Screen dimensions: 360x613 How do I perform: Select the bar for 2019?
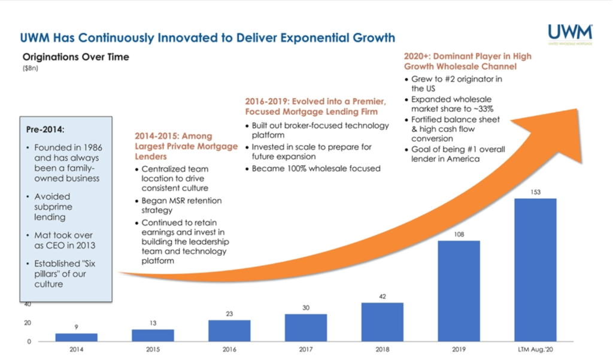[459, 291]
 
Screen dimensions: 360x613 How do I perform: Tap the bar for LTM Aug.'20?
[535, 270]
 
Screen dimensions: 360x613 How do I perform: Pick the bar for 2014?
[76, 337]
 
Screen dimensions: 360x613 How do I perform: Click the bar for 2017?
[306, 327]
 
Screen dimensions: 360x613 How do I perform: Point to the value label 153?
[535, 192]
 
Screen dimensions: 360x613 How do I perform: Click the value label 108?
[459, 234]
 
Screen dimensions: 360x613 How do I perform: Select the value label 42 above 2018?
[383, 296]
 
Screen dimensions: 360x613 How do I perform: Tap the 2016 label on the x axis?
[229, 349]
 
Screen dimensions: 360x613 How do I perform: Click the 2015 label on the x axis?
[153, 349]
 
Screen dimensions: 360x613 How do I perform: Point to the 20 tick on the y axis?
[28, 323]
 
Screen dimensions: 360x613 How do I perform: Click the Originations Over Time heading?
[75, 58]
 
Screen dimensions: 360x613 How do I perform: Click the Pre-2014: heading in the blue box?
[45, 129]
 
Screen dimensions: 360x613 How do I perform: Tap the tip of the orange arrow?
[576, 109]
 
